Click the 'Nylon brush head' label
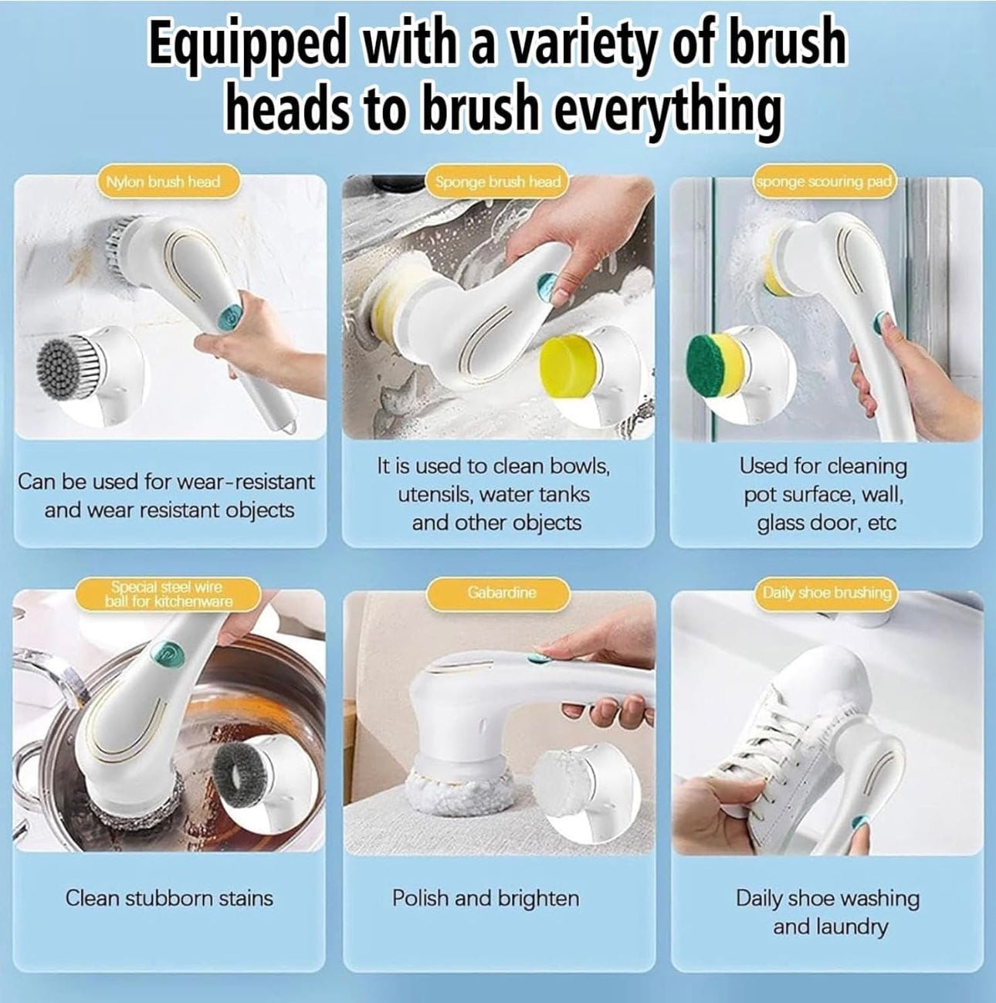(163, 182)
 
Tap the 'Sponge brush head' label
(497, 182)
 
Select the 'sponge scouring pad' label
(823, 182)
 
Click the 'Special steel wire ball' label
(168, 594)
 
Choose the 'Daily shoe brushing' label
(826, 592)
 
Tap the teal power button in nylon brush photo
(229, 313)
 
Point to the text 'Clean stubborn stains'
(169, 898)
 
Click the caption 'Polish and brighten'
(486, 898)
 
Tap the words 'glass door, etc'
(826, 523)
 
